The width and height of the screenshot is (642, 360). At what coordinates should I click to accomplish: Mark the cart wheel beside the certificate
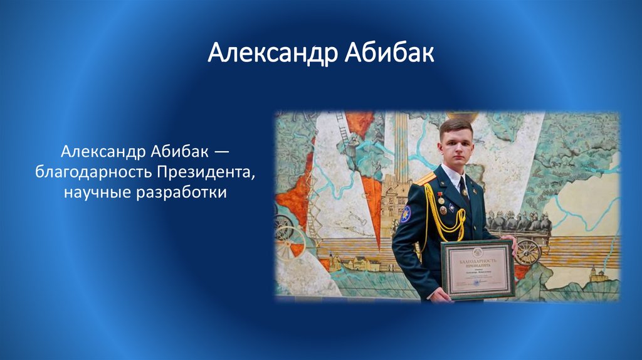528,251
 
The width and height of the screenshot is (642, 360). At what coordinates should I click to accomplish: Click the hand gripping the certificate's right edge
513,243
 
